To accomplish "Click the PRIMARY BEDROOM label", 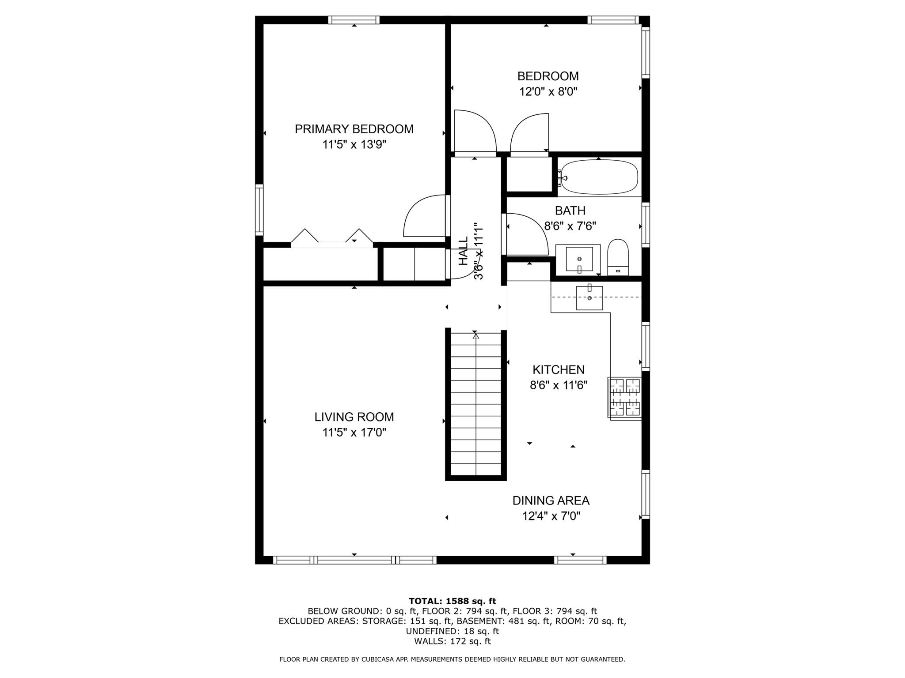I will coord(354,129).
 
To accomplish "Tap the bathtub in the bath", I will coord(598,177).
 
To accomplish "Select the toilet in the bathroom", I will coord(618,258).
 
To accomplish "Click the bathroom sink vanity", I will coord(578,259).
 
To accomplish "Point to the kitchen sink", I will coord(589,298).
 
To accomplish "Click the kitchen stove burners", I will coord(624,397).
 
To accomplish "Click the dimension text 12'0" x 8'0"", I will coord(548,92).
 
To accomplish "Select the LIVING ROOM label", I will coord(354,417).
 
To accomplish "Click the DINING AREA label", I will coord(551,501).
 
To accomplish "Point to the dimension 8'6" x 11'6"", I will coord(559,385).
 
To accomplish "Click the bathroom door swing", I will coord(526,234).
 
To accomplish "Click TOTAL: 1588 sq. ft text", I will coord(452,601).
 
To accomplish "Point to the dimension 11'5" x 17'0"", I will coord(354,433).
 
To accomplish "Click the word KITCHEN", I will coord(559,369).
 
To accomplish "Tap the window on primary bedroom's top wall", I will coord(354,20).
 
